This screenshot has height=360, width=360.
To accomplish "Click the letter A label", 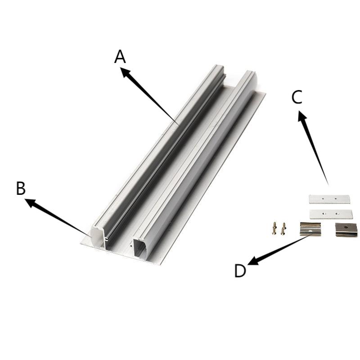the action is (120, 57).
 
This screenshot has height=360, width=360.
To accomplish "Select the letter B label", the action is (21, 188).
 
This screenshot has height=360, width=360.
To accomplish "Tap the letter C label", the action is (297, 97).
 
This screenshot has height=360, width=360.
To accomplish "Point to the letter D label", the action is (240, 271).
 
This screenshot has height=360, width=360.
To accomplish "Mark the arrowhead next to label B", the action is (31, 203).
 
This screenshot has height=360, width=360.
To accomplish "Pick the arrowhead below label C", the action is (302, 116).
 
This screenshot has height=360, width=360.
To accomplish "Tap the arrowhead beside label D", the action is (253, 261).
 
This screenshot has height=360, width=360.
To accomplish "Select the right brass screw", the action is (283, 229).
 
